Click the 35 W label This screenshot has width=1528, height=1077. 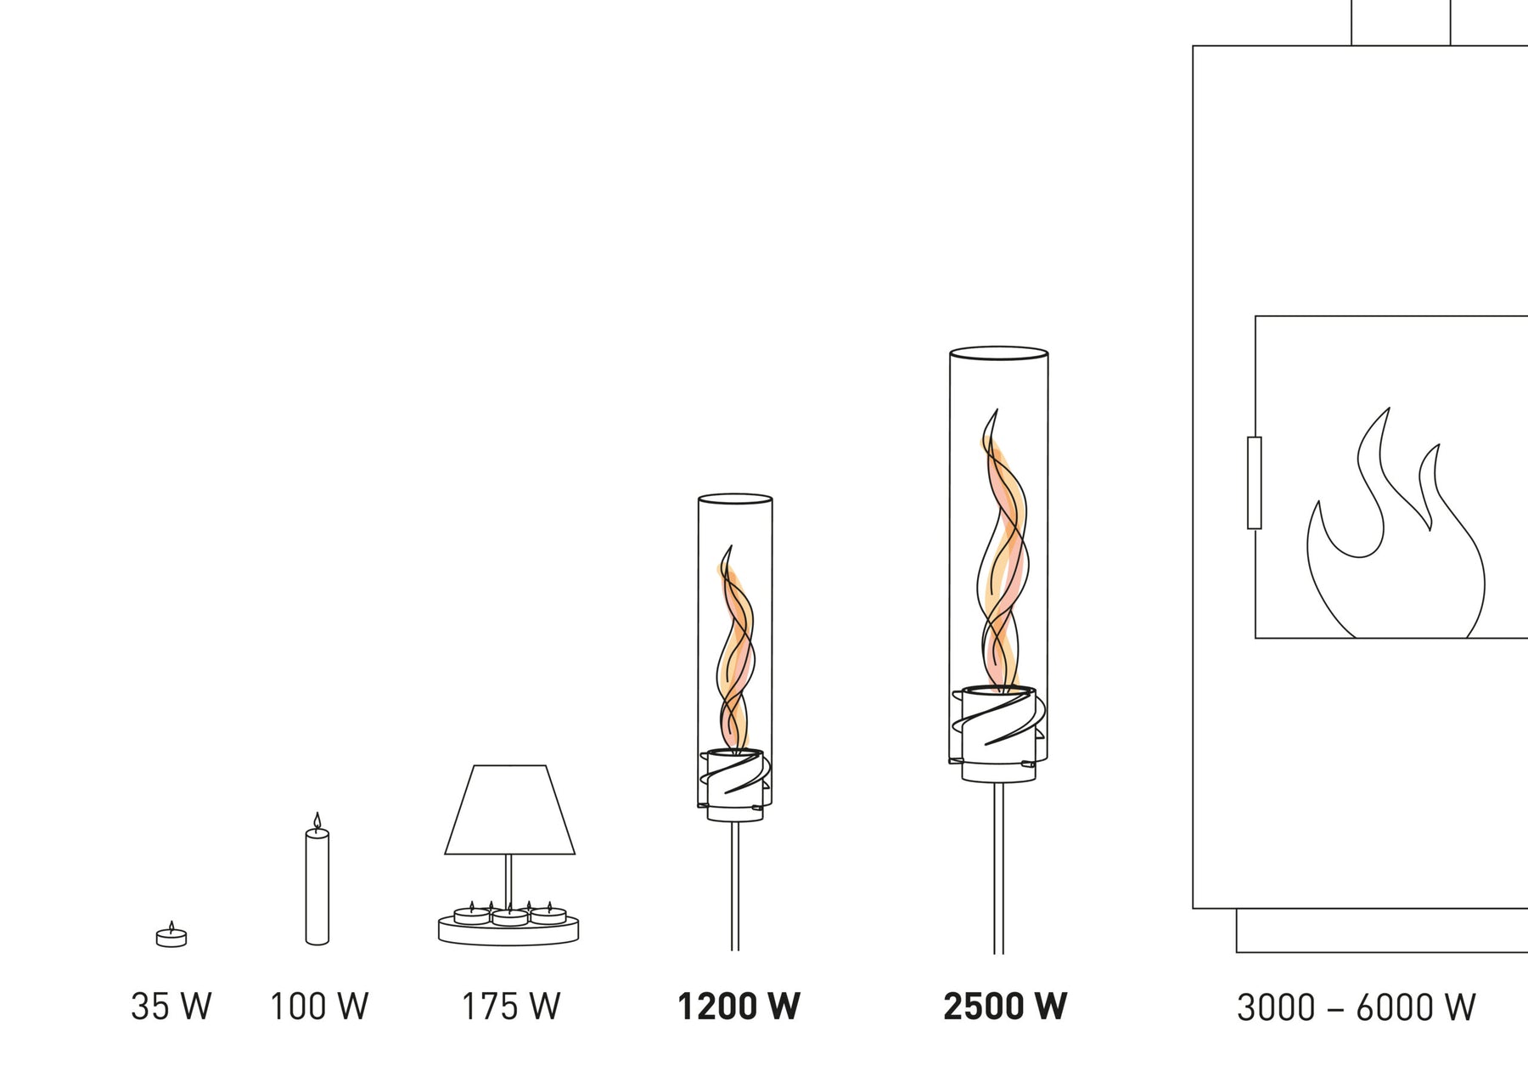171,1007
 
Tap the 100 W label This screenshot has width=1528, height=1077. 319,1007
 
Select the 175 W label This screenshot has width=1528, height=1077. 511,1007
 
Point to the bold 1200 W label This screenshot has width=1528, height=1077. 739,1007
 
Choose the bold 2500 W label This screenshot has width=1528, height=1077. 1005,1007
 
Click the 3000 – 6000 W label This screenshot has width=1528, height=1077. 1357,1007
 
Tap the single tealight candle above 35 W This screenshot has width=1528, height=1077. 171,935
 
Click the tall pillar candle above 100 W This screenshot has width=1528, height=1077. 317,886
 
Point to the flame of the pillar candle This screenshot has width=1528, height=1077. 317,820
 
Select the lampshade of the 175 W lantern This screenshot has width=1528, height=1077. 509,809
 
